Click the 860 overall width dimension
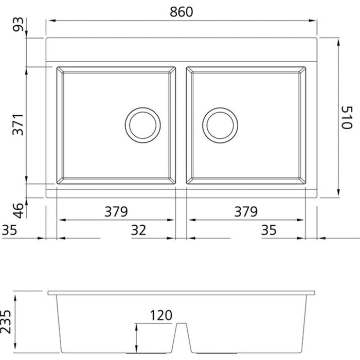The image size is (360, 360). pyautogui.click(x=181, y=12)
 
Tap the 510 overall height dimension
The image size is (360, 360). pyautogui.click(x=346, y=117)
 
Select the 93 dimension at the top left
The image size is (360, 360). pyautogui.click(x=18, y=24)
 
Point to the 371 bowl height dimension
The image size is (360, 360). pyautogui.click(x=18, y=124)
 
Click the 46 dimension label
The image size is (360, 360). pyautogui.click(x=18, y=210)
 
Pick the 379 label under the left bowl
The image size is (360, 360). pyautogui.click(x=116, y=212)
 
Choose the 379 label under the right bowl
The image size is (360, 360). pyautogui.click(x=246, y=212)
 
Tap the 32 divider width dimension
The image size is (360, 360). pyautogui.click(x=138, y=230)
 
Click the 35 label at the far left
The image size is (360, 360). pyautogui.click(x=9, y=230)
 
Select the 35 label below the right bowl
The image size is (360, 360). pyautogui.click(x=268, y=230)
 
